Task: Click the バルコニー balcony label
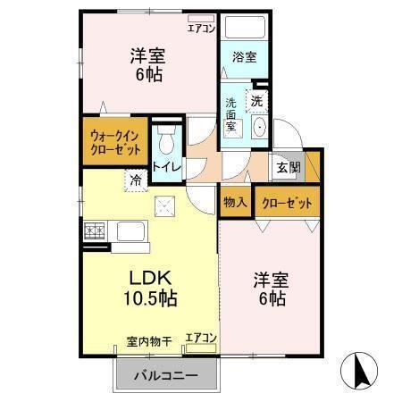click(166, 375)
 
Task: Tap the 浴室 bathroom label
click(244, 56)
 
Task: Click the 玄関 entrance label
click(288, 167)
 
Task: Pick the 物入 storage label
click(236, 203)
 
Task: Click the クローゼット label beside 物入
click(287, 203)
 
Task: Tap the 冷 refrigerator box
click(136, 180)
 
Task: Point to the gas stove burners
click(95, 231)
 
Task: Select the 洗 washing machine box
click(257, 101)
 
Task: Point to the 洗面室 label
click(230, 114)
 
